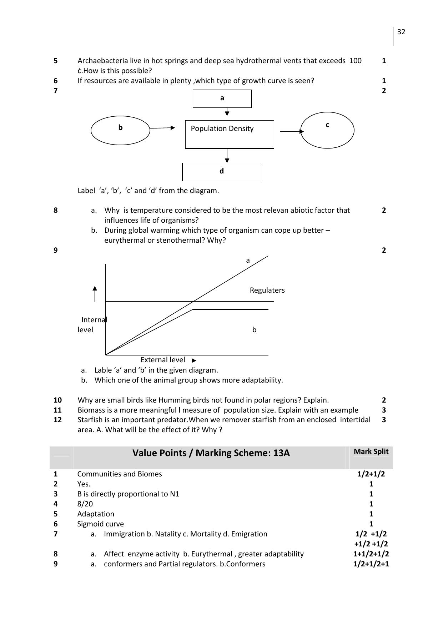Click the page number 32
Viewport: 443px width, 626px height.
401,32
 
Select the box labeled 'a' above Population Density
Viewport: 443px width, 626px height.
222,99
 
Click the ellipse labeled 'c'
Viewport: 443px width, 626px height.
327,130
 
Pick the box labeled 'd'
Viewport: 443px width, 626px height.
222,172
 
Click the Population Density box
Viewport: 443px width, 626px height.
229,134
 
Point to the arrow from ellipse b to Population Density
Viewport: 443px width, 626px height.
162,128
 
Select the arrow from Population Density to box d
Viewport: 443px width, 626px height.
227,156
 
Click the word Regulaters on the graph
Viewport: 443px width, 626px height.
267,290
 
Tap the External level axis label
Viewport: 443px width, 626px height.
163,360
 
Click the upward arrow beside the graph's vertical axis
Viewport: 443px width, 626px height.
95,293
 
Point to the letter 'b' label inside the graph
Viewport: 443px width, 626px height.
254,330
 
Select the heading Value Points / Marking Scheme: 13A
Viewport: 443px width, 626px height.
211,453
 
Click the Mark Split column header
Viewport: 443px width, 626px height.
371,451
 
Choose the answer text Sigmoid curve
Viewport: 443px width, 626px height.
100,524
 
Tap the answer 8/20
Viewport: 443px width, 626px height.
85,504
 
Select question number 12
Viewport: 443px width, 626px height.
57,420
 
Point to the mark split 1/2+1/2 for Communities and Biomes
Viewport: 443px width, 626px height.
371,474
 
